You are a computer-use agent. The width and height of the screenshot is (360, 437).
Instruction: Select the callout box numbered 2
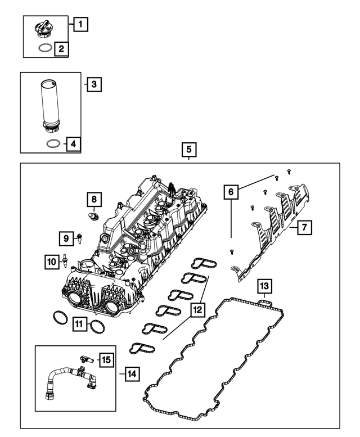[61, 49]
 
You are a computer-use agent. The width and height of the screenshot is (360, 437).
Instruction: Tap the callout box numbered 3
[94, 85]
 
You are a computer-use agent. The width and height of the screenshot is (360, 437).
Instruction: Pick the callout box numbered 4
[73, 145]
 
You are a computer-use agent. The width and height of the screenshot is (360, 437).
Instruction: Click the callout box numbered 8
[94, 199]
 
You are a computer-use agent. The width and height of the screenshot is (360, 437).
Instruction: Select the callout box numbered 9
[66, 239]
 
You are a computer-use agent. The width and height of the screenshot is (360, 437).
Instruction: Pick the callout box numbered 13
[264, 287]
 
